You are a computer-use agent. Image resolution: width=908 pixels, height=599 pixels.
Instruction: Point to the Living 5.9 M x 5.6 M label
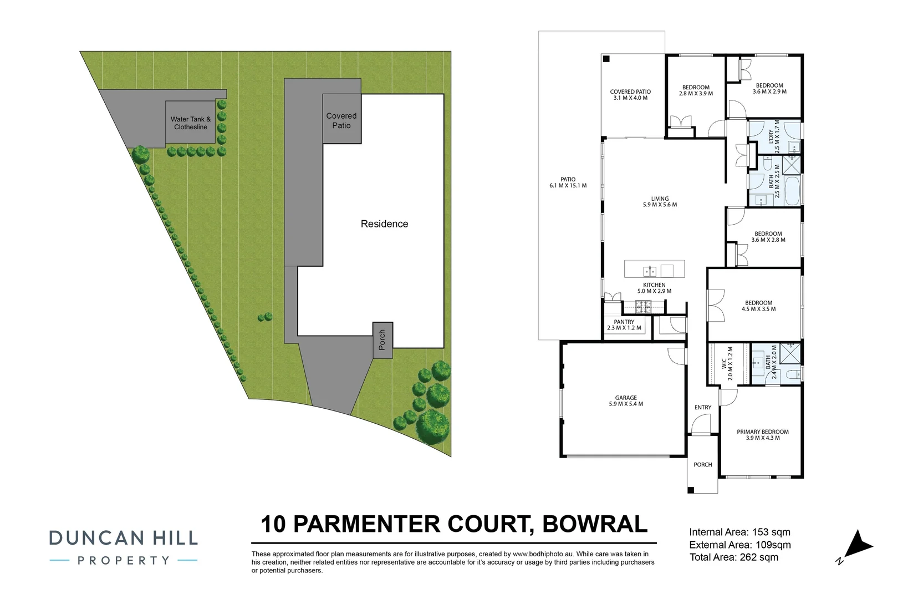pyautogui.click(x=660, y=201)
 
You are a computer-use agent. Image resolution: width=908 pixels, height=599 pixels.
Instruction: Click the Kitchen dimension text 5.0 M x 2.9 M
pyautogui.click(x=654, y=291)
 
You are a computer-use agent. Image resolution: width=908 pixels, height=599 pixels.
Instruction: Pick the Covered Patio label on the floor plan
pyautogui.click(x=630, y=95)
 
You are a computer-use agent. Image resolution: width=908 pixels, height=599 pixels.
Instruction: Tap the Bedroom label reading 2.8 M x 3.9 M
pyautogui.click(x=696, y=90)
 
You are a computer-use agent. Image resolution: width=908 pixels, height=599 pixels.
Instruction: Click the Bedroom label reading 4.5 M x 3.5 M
pyautogui.click(x=758, y=306)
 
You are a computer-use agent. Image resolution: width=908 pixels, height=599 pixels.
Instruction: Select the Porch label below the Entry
pyautogui.click(x=702, y=465)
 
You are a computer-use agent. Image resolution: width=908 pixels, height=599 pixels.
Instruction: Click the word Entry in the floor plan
pyautogui.click(x=702, y=407)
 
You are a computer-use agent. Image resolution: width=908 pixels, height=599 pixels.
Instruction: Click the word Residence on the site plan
pyautogui.click(x=384, y=224)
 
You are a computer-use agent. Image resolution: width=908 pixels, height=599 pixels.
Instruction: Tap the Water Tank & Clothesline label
pyautogui.click(x=191, y=123)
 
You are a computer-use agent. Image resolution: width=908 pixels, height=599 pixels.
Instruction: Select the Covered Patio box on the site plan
pyautogui.click(x=341, y=120)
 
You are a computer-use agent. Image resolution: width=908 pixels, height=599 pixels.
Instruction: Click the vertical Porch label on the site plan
pyautogui.click(x=382, y=339)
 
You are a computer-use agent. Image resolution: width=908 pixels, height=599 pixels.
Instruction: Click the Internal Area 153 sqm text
pyautogui.click(x=739, y=532)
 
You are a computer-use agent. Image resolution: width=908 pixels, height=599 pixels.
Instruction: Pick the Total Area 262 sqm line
pyautogui.click(x=733, y=557)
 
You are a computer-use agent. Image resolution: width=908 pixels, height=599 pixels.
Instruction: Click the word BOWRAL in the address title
pyautogui.click(x=594, y=524)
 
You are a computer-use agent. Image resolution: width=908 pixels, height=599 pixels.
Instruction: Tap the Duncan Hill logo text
pyautogui.click(x=123, y=537)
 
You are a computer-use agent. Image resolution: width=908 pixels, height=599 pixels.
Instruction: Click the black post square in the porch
pyautogui.click(x=690, y=490)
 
